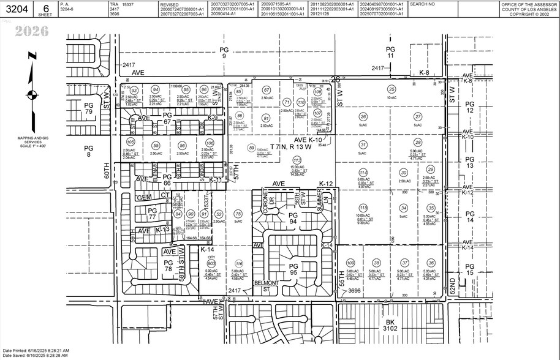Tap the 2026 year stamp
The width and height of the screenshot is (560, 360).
pyautogui.click(x=31, y=31)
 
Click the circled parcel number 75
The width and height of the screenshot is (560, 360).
pyautogui.click(x=238, y=213)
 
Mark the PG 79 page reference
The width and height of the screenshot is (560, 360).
pyautogui.click(x=88, y=108)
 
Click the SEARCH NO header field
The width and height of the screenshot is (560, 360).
pyautogui.click(x=422, y=4)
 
